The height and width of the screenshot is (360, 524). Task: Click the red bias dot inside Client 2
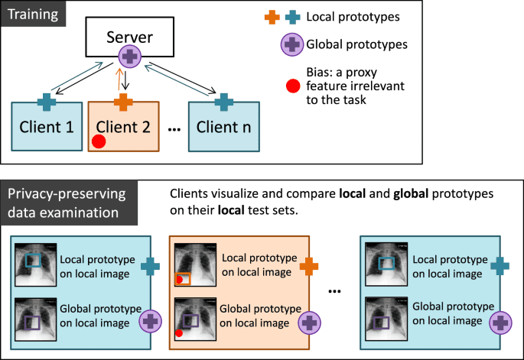[98, 141]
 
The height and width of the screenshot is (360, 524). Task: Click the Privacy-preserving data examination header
[69, 201]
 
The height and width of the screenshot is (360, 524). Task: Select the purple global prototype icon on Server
[131, 56]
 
